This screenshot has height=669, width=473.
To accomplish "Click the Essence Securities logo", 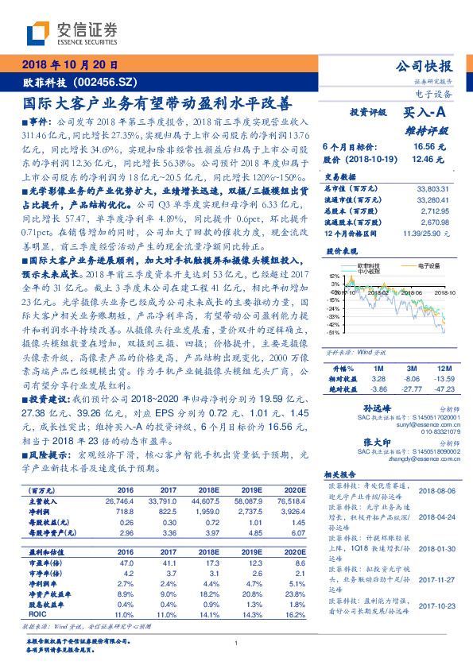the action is tap(72, 33).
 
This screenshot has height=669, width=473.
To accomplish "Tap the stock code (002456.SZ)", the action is tap(103, 81).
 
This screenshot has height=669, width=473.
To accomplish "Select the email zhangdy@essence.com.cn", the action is tap(418, 458).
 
